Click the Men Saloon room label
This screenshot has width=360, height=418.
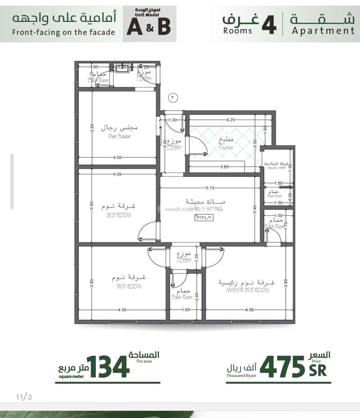[x=119, y=136]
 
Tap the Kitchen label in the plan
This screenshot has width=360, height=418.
[x=226, y=147]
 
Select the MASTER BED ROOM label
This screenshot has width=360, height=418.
[x=247, y=290]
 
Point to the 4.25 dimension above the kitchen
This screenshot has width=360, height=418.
[x=230, y=120]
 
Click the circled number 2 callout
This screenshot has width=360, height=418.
[x=173, y=97]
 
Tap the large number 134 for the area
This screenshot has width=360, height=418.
[x=108, y=367]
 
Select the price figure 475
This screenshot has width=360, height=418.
[x=282, y=367]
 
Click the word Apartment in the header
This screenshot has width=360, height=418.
[x=323, y=31]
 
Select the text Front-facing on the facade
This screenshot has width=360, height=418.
[x=63, y=32]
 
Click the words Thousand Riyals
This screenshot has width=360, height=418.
[x=242, y=375]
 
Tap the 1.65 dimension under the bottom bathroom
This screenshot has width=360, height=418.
[x=185, y=310]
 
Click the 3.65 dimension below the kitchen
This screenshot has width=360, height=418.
[x=225, y=167]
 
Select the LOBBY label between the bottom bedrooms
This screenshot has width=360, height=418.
[x=185, y=261]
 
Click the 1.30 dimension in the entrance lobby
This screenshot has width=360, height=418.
[x=173, y=120]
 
